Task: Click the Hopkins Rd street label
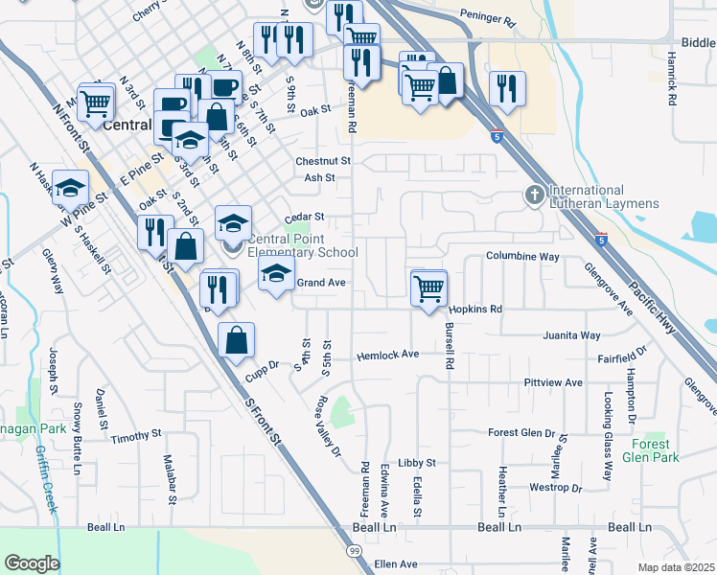(x=475, y=310)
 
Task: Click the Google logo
(x=32, y=563)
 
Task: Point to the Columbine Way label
(x=522, y=257)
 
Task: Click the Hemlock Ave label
(x=388, y=355)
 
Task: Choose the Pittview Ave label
(x=554, y=382)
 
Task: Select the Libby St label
(x=417, y=463)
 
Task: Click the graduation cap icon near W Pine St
(x=71, y=187)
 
